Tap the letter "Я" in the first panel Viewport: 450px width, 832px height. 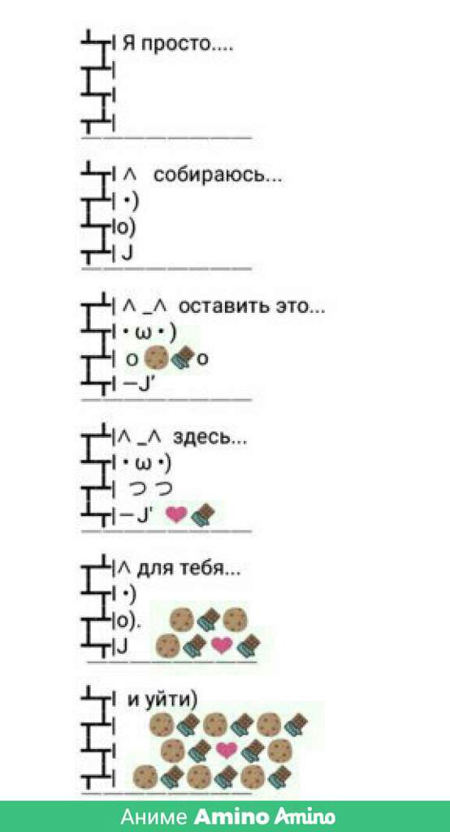128,42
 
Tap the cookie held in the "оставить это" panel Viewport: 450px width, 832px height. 155,358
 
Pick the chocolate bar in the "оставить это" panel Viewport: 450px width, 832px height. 180,358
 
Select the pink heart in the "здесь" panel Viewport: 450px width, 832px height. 176,513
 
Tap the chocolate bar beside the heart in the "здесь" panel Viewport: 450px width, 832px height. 202,514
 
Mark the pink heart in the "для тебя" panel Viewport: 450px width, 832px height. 222,644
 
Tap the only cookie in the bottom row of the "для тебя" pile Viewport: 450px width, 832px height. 169,644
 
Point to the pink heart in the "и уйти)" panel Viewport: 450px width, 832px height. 227,750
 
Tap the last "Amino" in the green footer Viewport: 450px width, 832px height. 305,816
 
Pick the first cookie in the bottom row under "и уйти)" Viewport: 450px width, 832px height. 145,777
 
